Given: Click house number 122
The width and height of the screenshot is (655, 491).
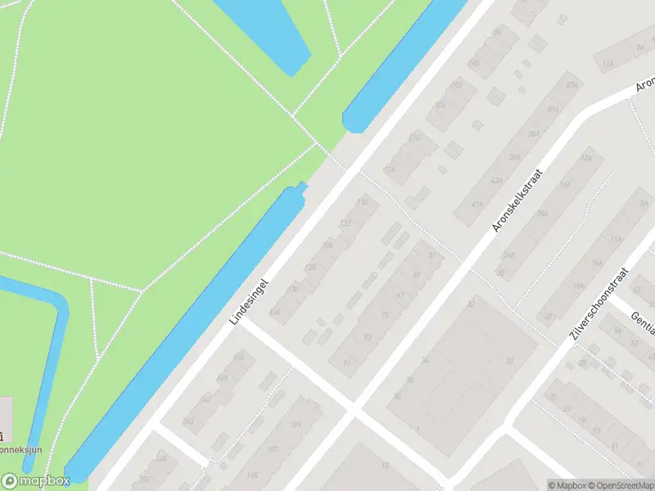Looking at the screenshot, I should [346, 223].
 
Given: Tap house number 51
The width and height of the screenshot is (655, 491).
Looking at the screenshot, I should [431, 256].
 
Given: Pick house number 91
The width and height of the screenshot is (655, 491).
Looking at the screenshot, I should [347, 363].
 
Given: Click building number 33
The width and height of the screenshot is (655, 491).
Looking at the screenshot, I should [509, 360].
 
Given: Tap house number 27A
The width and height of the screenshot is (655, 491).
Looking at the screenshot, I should [572, 84].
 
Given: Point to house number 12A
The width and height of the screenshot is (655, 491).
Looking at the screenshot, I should [585, 158].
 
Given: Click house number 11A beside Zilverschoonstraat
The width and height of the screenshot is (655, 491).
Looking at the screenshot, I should [617, 239].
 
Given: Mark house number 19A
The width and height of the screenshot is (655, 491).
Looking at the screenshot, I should [579, 286].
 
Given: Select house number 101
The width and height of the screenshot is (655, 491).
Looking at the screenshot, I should [296, 424].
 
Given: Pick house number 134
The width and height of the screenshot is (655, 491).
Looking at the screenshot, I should [275, 311].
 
